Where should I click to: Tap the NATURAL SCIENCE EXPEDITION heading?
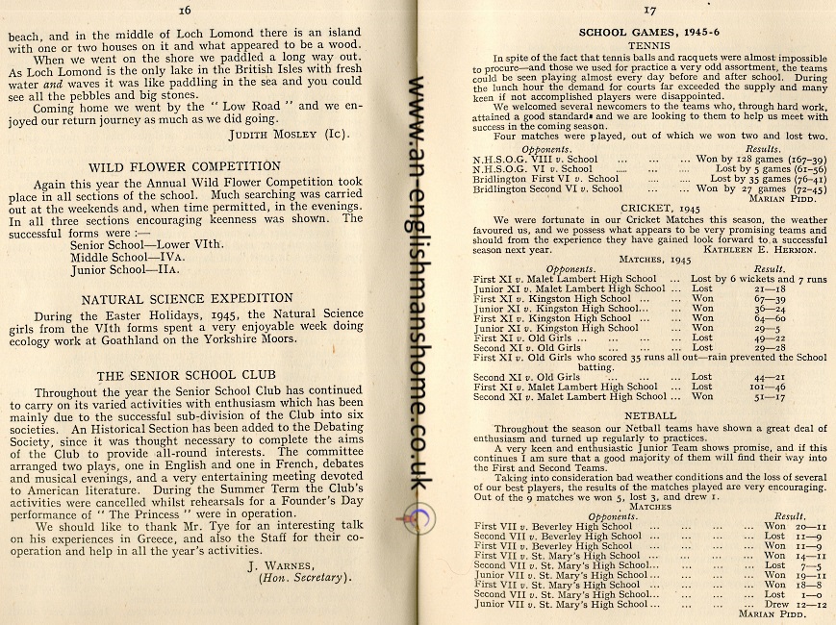186,297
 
